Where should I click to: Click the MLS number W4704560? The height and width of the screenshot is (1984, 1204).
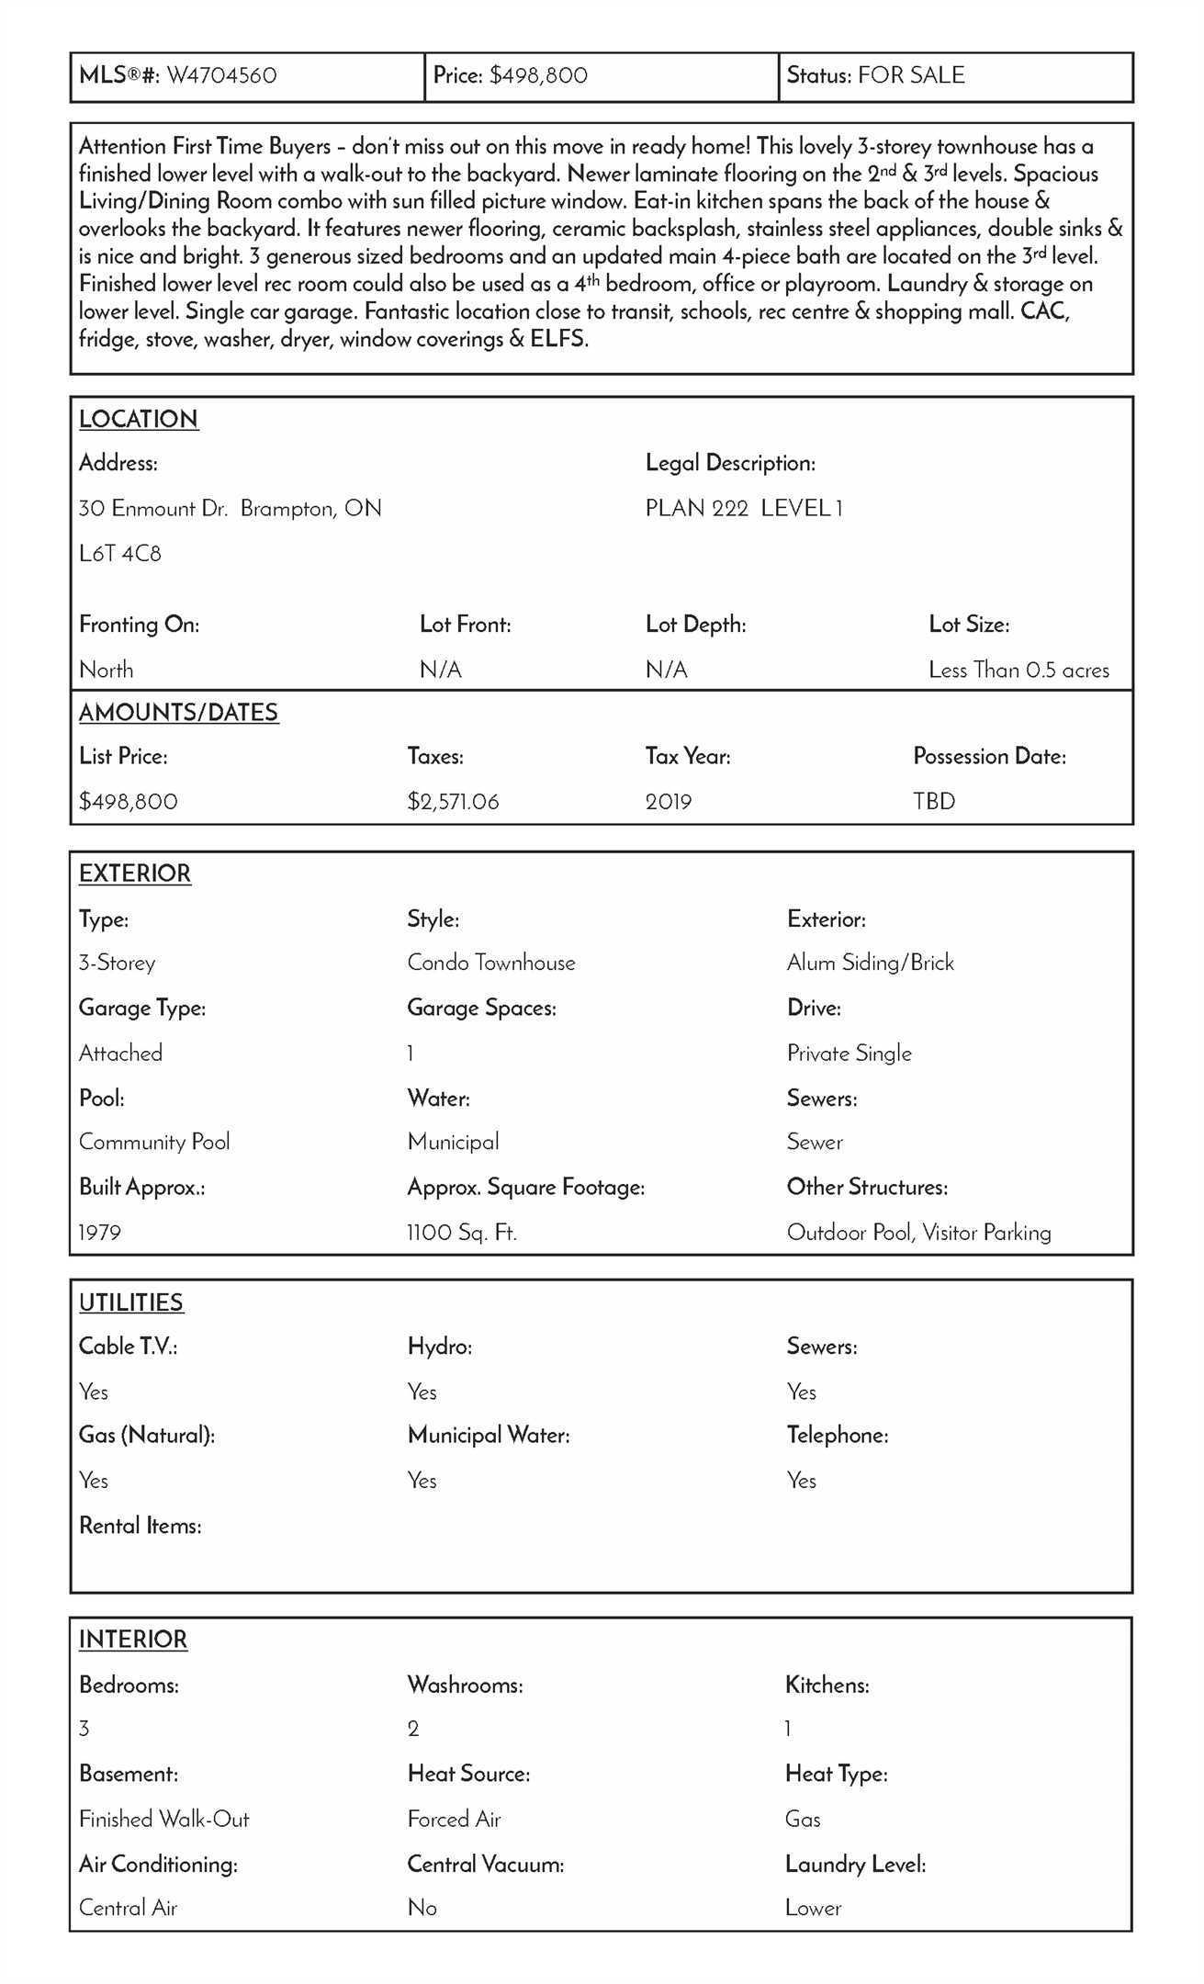coord(221,75)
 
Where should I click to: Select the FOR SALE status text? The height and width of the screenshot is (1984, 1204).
coord(911,75)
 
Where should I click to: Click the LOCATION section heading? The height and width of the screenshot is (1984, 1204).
coord(139,419)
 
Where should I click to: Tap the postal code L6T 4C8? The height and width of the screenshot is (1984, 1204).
coord(120,554)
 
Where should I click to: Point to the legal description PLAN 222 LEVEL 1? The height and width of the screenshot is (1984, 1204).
coord(744,509)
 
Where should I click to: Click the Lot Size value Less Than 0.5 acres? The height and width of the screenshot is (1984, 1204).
coord(1018,671)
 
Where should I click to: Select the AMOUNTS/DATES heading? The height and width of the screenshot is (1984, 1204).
coord(178,713)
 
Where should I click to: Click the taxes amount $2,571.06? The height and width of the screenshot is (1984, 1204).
coord(453,802)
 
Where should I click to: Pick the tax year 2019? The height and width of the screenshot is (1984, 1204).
coord(669,802)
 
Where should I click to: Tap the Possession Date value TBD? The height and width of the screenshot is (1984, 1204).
coord(934,802)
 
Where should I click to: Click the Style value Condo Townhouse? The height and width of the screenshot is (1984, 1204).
coord(491,963)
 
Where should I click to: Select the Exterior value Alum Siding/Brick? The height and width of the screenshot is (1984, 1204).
coord(871,963)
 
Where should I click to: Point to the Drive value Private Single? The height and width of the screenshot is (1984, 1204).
coord(850,1054)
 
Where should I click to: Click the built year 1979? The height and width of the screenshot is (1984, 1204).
coord(100,1233)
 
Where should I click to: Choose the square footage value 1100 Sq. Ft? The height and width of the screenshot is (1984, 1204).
coord(462,1233)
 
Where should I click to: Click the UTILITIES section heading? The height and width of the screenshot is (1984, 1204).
coord(131,1302)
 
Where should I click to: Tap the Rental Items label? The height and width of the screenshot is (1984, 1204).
coord(141,1526)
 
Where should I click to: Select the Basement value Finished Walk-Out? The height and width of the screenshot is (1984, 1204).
coord(164,1819)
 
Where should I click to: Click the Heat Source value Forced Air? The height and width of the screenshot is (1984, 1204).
coord(454,1819)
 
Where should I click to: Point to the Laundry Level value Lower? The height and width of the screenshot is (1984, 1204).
coord(813,1908)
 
